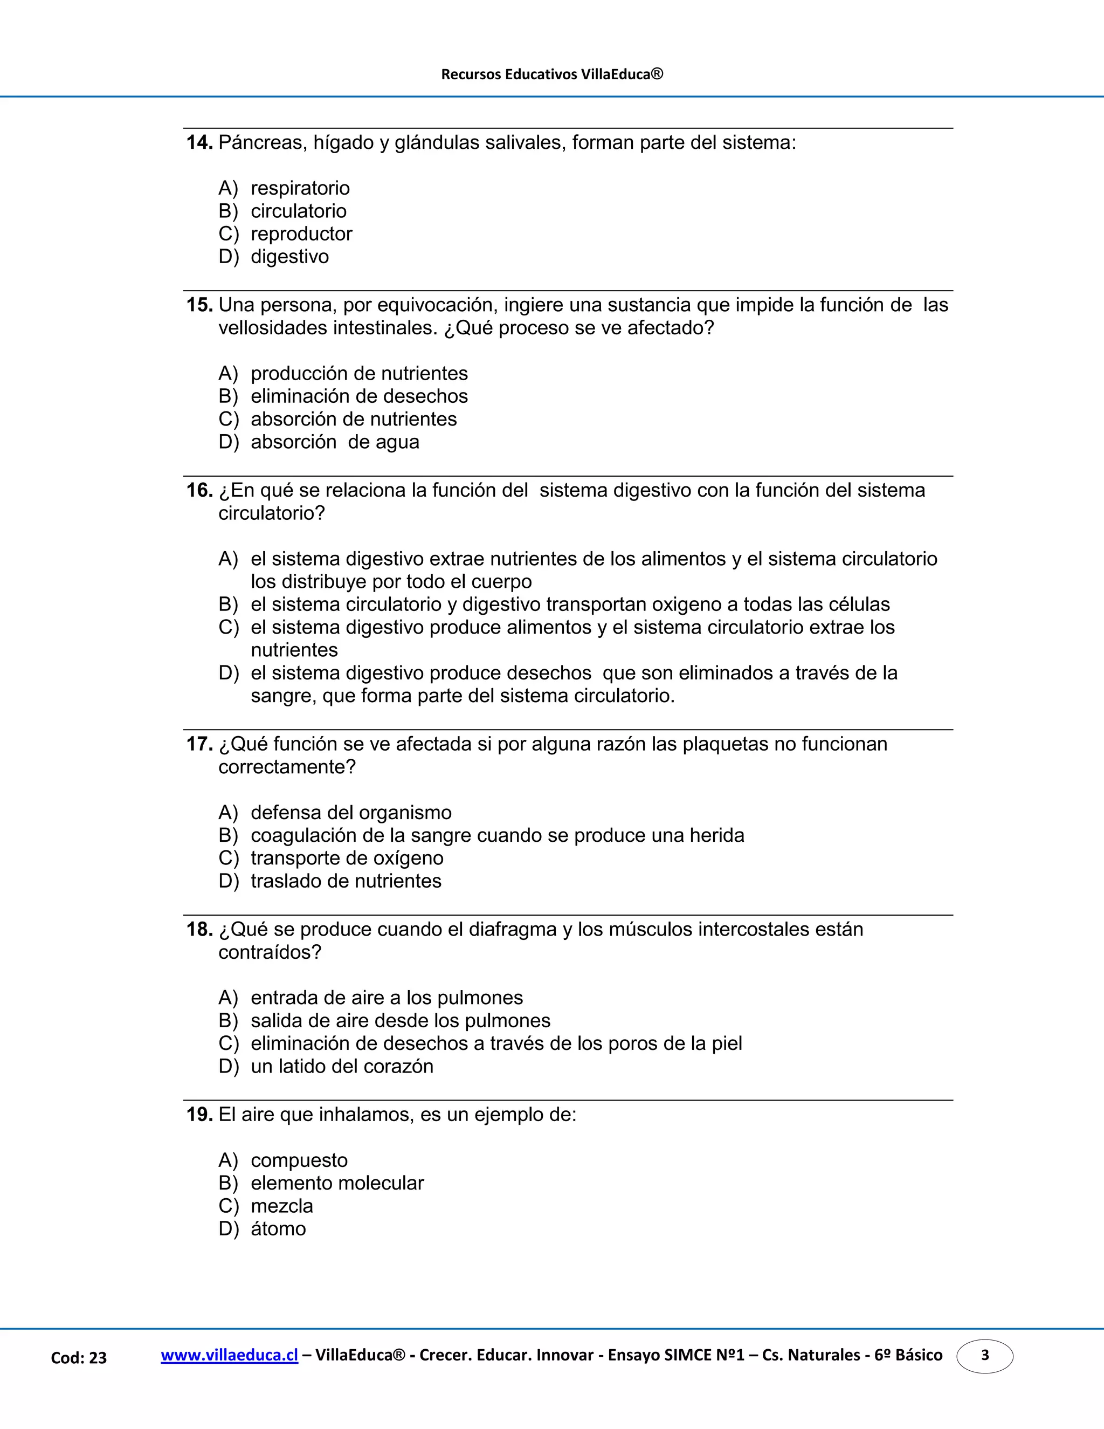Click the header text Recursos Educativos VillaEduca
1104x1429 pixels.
552,74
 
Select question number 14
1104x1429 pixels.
199,143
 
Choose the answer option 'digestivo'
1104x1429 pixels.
289,257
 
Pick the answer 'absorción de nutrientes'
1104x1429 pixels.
353,419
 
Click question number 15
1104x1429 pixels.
199,305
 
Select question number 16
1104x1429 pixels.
199,490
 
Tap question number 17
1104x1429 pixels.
199,744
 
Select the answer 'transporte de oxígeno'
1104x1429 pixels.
347,858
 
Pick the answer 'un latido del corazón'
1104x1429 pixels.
341,1067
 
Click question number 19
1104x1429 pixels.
199,1114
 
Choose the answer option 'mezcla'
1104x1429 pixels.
282,1206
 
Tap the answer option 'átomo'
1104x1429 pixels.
278,1229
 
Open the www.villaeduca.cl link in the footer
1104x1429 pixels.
230,1355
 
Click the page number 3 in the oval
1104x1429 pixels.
984,1355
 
